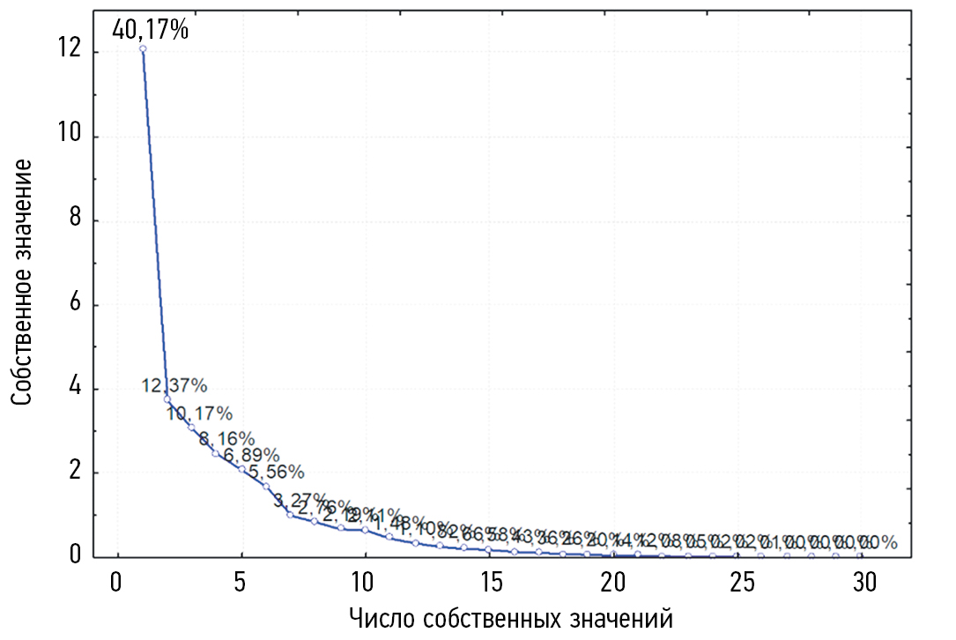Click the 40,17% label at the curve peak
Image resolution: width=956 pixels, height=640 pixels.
150,31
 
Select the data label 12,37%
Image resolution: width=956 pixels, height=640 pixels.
174,386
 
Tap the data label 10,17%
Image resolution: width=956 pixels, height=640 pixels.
200,413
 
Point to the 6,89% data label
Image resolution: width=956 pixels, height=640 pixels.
251,456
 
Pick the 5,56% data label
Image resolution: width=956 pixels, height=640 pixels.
276,473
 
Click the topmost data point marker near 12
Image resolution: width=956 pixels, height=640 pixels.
142,48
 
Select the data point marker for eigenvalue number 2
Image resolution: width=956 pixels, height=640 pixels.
167,399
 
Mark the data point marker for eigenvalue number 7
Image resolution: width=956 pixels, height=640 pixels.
290,515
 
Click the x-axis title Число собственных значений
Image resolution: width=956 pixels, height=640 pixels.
511,617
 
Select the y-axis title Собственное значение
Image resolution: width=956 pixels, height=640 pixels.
24,282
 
